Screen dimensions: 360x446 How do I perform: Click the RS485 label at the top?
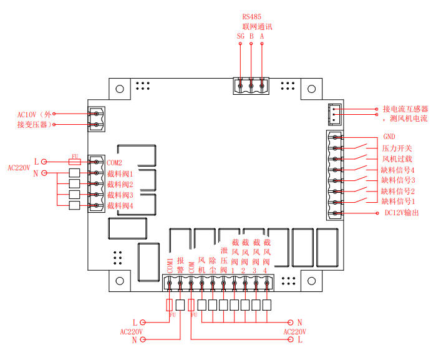[x=251, y=17]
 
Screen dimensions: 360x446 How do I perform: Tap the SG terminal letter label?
[x=241, y=36]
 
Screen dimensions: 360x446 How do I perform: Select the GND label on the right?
[x=389, y=137]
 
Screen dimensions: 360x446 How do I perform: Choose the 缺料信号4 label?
[x=398, y=170]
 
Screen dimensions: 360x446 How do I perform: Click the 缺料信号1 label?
[x=398, y=202]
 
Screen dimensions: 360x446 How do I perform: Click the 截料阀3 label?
[x=120, y=195]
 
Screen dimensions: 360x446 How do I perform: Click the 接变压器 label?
[x=33, y=125]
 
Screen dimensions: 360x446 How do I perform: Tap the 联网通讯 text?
[x=257, y=27]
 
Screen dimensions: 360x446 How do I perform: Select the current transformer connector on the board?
[x=334, y=114]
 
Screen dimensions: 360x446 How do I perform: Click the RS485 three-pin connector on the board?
[x=251, y=85]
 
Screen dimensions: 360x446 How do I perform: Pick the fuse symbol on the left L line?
[x=74, y=161]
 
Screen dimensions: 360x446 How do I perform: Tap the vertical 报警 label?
[x=180, y=265]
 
